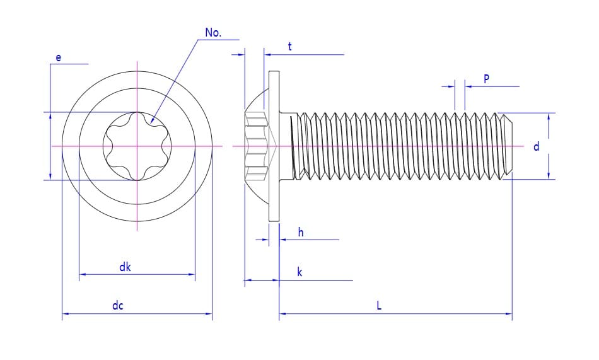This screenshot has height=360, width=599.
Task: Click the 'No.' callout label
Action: point(213,33)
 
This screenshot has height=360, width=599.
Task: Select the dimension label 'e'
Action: point(59,58)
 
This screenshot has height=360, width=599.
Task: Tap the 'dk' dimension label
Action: point(125,267)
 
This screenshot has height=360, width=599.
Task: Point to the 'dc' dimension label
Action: point(118,306)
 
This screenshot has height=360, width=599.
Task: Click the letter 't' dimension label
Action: point(289,47)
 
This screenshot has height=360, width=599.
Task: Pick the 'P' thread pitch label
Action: point(486,79)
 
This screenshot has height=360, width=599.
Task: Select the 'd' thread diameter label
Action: point(537,147)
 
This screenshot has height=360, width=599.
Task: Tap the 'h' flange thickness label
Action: point(301,233)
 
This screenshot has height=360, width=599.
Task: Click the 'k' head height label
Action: point(299,272)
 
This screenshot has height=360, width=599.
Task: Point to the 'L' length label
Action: point(379,306)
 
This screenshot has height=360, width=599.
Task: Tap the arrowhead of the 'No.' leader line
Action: point(153,119)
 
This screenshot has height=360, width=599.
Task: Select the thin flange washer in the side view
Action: point(274,146)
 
